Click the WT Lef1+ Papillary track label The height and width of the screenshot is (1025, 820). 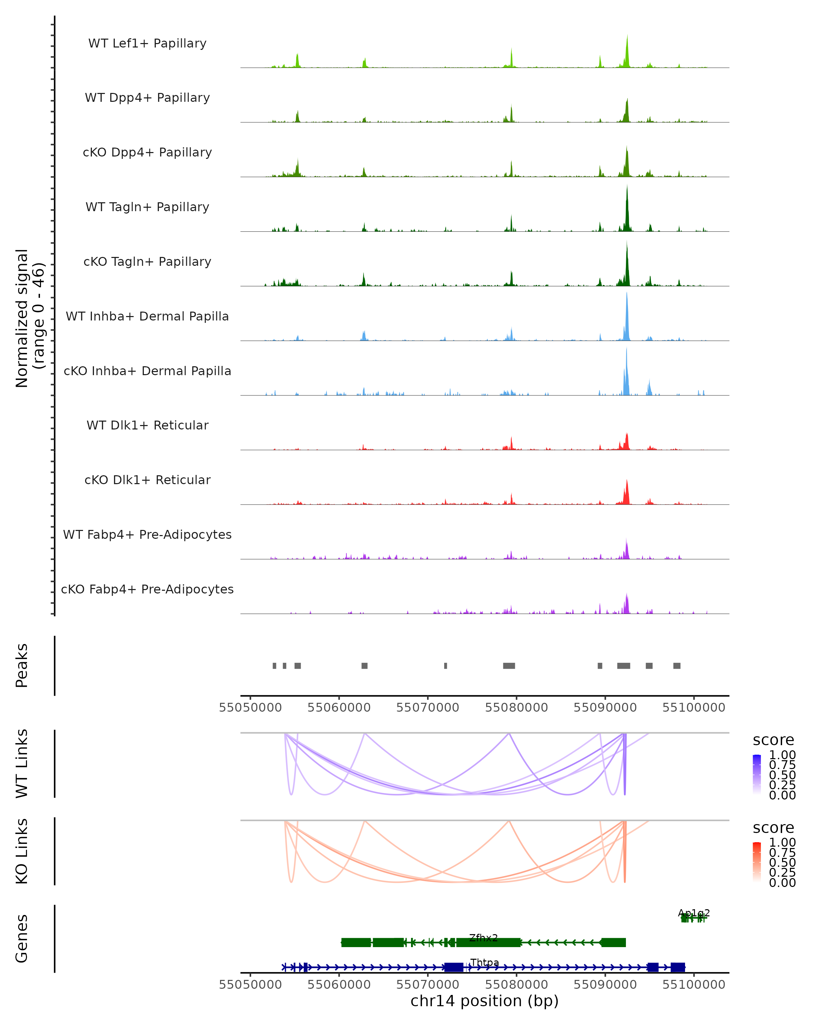(x=147, y=43)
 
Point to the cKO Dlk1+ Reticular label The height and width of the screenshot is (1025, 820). (x=147, y=480)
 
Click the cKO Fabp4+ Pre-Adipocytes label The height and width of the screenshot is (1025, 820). (x=147, y=589)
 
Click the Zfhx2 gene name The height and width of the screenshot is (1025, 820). (x=483, y=938)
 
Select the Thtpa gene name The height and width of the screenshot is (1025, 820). (x=484, y=962)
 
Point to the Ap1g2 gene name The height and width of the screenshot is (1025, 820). (x=694, y=913)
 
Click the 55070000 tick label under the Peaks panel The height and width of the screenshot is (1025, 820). (x=428, y=708)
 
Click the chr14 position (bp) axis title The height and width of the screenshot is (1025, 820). (x=484, y=1001)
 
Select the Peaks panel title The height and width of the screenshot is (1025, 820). (x=22, y=666)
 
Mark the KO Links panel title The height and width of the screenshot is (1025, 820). (x=22, y=851)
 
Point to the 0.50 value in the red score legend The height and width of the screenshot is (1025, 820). (x=782, y=862)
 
